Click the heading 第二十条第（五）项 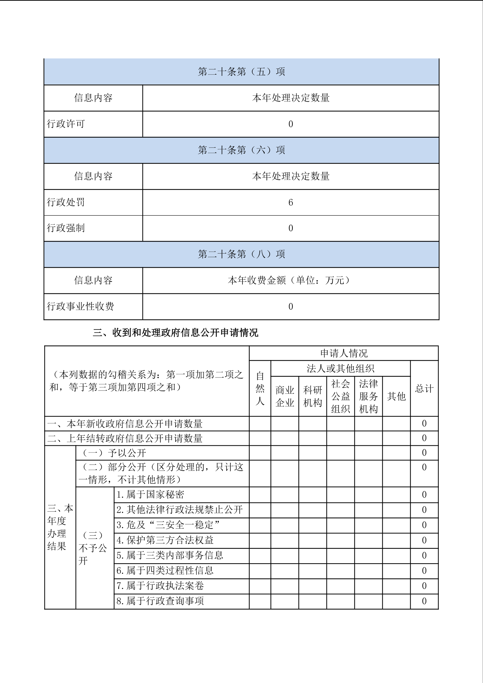[x=241, y=72]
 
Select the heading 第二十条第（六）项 [x=241, y=150]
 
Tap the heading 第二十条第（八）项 [x=241, y=254]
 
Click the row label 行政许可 [x=66, y=124]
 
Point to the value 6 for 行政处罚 [x=291, y=203]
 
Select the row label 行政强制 [x=66, y=228]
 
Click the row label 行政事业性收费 [x=80, y=306]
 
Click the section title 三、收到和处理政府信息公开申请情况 [x=176, y=333]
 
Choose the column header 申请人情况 [x=344, y=353]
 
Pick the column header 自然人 [x=260, y=389]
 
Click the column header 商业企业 [x=285, y=396]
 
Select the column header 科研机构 [x=313, y=396]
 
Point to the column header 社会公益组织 [x=341, y=396]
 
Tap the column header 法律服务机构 [x=368, y=396]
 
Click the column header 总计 [x=424, y=389]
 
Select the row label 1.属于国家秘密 [x=150, y=494]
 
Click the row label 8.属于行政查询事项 [x=160, y=601]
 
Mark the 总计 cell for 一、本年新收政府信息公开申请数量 [x=424, y=424]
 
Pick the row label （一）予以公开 [x=114, y=453]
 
